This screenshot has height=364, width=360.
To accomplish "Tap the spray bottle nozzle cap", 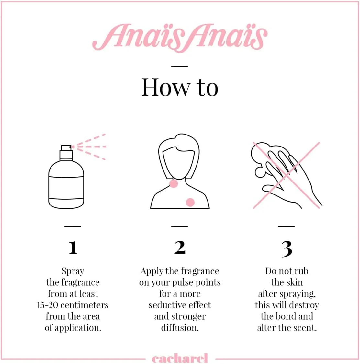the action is pos(66,148).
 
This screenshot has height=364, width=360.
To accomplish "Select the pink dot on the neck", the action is pos(174,184).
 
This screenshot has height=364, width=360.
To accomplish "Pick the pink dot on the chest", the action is pos(190,203).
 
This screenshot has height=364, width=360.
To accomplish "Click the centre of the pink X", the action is pos(286,175).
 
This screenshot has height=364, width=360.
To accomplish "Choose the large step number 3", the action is pos(287,249).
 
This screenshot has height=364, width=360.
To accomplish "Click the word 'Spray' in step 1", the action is pos(73,271).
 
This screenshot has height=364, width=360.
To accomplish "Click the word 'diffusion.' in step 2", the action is pos(180,328).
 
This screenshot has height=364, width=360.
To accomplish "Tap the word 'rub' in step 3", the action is pos(301,271).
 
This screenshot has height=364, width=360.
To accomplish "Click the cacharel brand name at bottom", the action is pos(180,358).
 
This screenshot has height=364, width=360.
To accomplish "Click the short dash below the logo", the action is pos(179,66).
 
